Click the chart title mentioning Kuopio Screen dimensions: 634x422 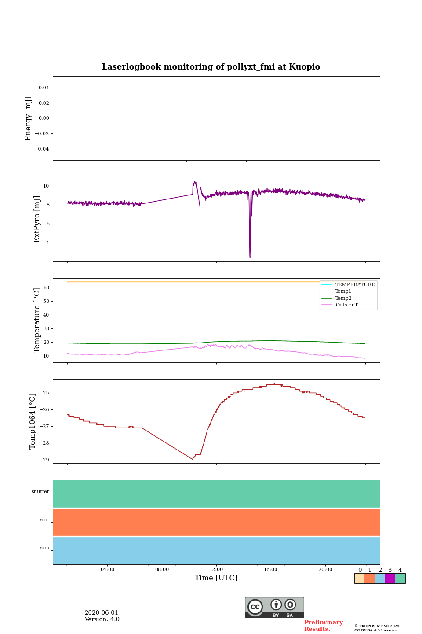[211, 67]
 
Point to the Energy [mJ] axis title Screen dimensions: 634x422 [29, 118]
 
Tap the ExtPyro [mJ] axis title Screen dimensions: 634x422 [37, 219]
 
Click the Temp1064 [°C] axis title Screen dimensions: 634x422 [33, 421]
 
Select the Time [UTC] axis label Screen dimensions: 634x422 [216, 578]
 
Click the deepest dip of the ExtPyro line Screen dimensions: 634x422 [250, 257]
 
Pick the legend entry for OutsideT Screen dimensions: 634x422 [346, 305]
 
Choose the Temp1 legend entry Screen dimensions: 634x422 [343, 291]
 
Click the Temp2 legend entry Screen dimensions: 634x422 [343, 298]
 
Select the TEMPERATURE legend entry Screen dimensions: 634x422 [355, 285]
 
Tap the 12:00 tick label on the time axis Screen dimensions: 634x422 [216, 570]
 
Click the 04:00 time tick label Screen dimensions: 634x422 [107, 570]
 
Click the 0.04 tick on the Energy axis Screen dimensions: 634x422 [44, 88]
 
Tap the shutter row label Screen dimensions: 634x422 [40, 492]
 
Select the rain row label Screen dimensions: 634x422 [44, 548]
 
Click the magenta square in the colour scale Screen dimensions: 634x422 [389, 579]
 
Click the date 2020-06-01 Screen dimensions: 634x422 [101, 613]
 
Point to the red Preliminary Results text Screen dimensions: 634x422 [323, 626]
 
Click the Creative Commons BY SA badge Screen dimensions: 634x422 [274, 608]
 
